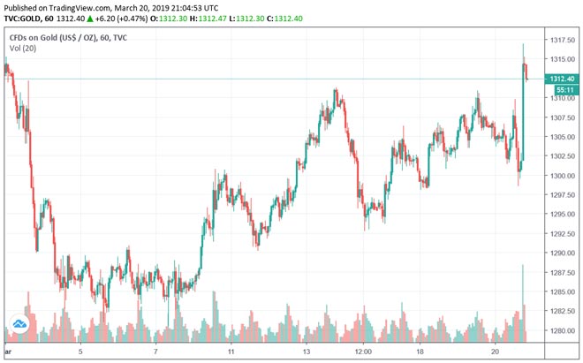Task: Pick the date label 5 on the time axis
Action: coord(80,351)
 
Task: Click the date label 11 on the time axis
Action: coord(231,351)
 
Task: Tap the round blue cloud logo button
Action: coord(18,327)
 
